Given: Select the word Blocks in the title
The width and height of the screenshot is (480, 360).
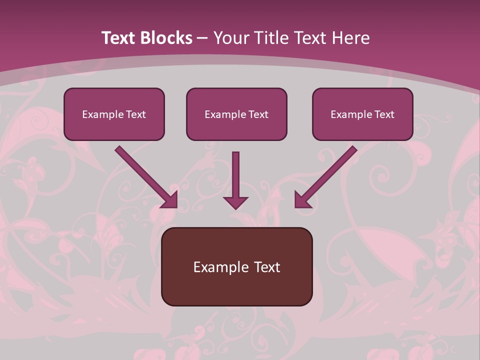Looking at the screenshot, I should coord(166,38).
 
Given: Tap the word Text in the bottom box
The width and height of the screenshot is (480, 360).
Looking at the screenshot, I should coord(266,267).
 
